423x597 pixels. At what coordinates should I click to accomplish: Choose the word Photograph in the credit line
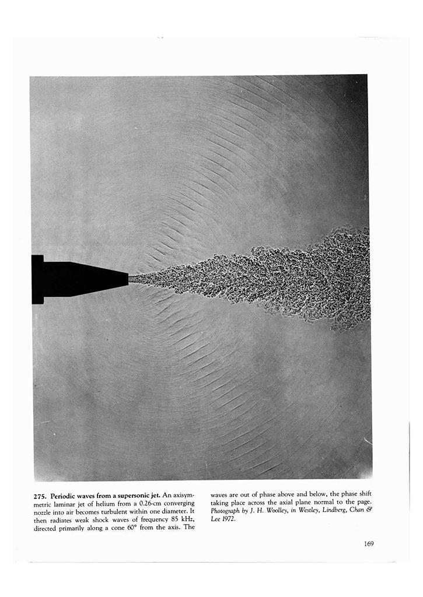pyautogui.click(x=225, y=511)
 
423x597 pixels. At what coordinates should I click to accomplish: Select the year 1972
pyautogui.click(x=227, y=519)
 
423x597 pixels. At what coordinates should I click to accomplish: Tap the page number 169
pyautogui.click(x=368, y=544)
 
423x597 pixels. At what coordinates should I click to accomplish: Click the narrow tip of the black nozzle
pyautogui.click(x=127, y=279)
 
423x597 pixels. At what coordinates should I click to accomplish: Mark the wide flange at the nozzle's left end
pyautogui.click(x=37, y=279)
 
